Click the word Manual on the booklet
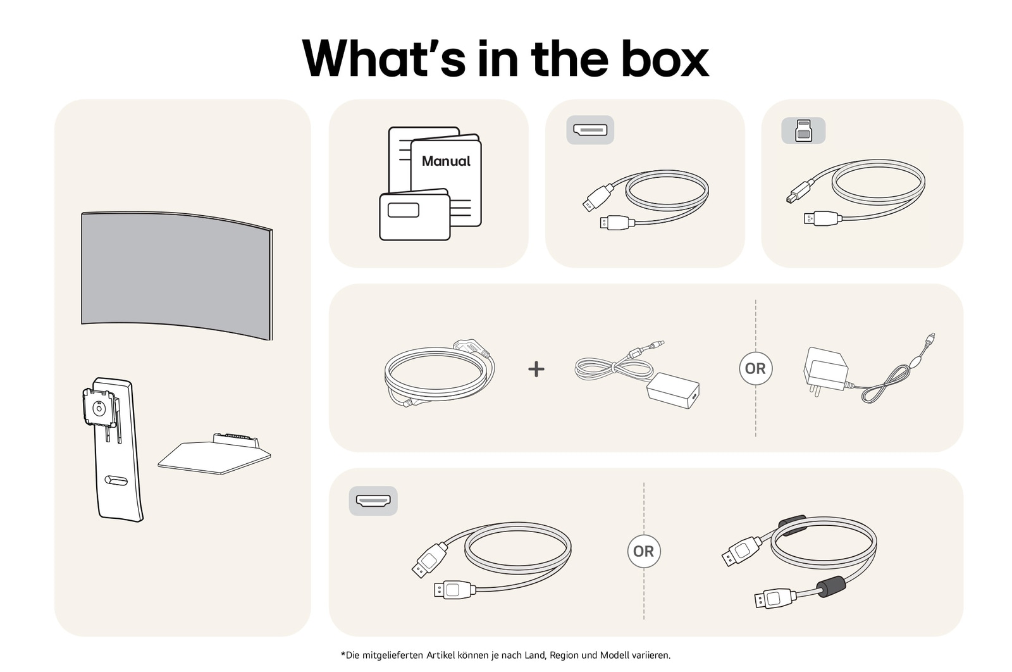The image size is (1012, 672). (446, 161)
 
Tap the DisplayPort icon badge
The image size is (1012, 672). (589, 130)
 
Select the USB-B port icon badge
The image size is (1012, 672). (803, 130)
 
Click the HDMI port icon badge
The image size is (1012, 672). (373, 501)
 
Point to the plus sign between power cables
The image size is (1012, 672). (536, 369)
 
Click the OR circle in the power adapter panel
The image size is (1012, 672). (755, 368)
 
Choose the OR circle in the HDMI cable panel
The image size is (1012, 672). (643, 551)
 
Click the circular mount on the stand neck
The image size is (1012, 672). (99, 409)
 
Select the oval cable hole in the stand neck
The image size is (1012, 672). (116, 481)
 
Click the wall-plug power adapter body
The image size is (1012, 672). (824, 370)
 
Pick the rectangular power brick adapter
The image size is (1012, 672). (673, 390)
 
